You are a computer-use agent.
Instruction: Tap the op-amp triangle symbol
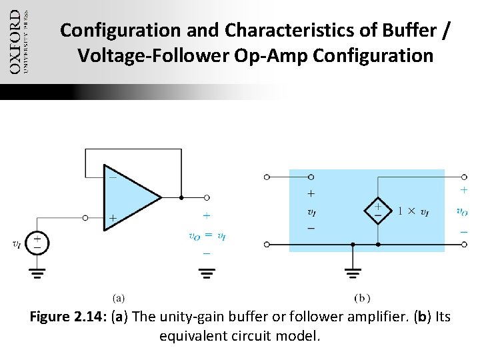(130, 198)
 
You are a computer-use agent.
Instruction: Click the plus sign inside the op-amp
(113, 218)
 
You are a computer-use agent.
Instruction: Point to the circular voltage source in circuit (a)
(38, 243)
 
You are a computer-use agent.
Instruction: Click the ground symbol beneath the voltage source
(38, 273)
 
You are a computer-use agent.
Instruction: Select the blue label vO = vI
(207, 235)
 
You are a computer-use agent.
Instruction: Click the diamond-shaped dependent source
(377, 212)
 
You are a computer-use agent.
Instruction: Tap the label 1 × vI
(414, 212)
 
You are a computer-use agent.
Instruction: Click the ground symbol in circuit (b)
(353, 273)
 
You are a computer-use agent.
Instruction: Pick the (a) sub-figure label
(117, 298)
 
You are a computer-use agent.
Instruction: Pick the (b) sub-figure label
(363, 298)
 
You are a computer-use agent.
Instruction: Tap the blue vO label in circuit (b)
(462, 212)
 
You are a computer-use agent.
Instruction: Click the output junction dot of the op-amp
(181, 198)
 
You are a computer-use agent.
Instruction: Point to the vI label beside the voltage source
(16, 244)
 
